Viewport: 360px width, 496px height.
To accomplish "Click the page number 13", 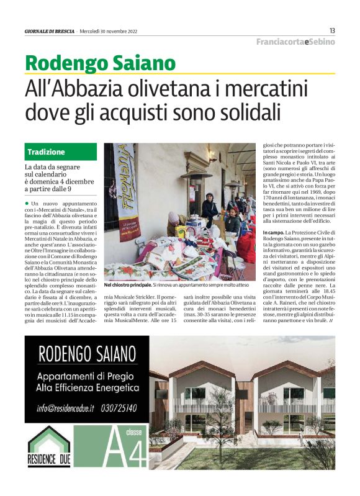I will point(332,30).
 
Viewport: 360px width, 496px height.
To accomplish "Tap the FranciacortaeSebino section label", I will point(296,42).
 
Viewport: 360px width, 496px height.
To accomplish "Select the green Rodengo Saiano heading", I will point(101,63).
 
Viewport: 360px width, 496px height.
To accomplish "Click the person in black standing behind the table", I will point(210,209).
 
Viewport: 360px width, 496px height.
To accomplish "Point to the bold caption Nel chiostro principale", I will point(127,285).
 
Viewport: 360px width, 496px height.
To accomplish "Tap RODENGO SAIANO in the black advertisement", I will point(86,356).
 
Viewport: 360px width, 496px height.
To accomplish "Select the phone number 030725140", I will point(122,408).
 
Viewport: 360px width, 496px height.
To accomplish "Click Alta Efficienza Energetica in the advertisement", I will point(88,388).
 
